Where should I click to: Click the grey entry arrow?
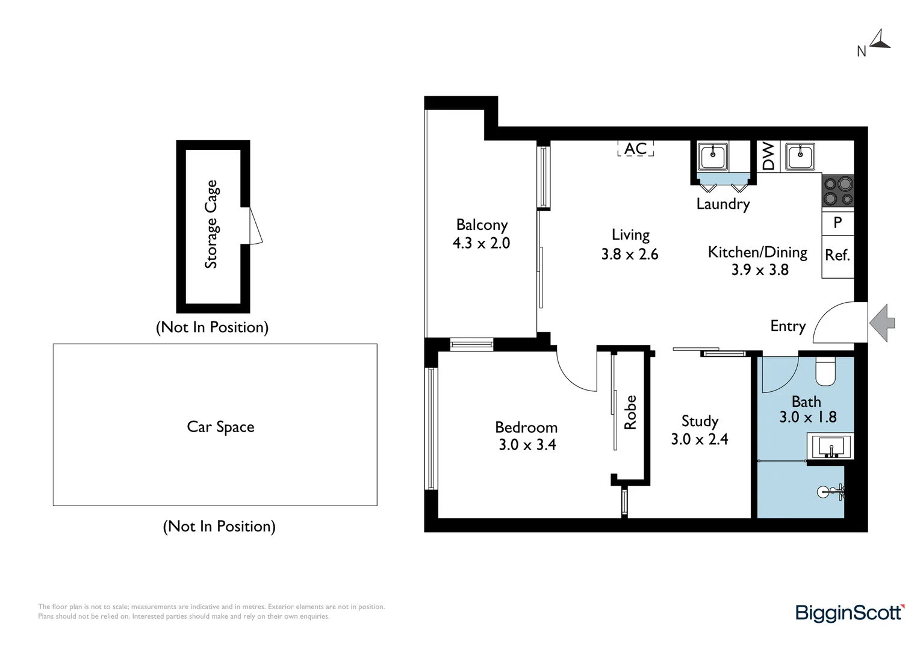(x=882, y=323)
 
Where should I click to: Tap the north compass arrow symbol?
(x=881, y=39)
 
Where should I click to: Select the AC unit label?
(x=635, y=149)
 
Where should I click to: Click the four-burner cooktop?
(x=838, y=191)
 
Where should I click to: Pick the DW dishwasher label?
(x=768, y=156)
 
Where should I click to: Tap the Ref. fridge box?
(x=838, y=256)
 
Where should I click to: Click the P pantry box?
(x=838, y=223)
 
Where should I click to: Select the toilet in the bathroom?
(x=825, y=372)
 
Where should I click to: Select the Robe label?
(x=630, y=412)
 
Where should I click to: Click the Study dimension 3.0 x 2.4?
(x=699, y=439)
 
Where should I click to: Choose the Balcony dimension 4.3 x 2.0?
(x=481, y=243)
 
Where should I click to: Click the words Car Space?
(x=220, y=427)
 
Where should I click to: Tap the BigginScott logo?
(x=850, y=613)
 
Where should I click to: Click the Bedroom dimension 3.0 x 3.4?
(x=527, y=445)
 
